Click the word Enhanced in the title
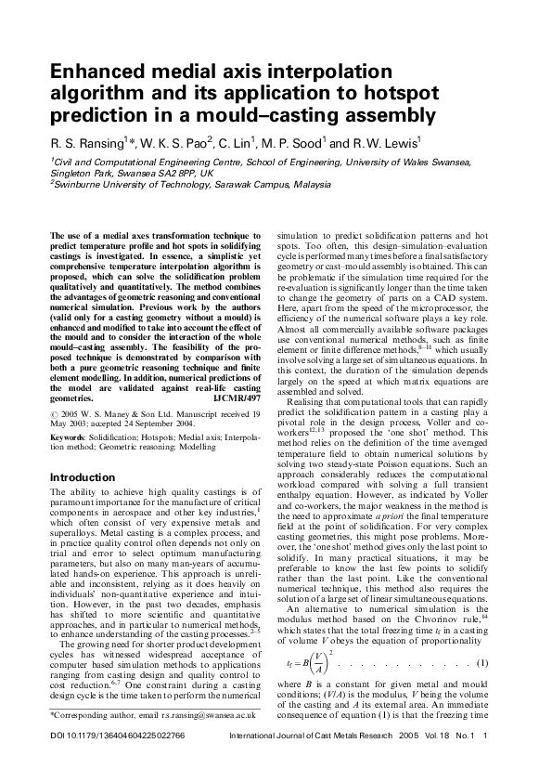tap(96, 73)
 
